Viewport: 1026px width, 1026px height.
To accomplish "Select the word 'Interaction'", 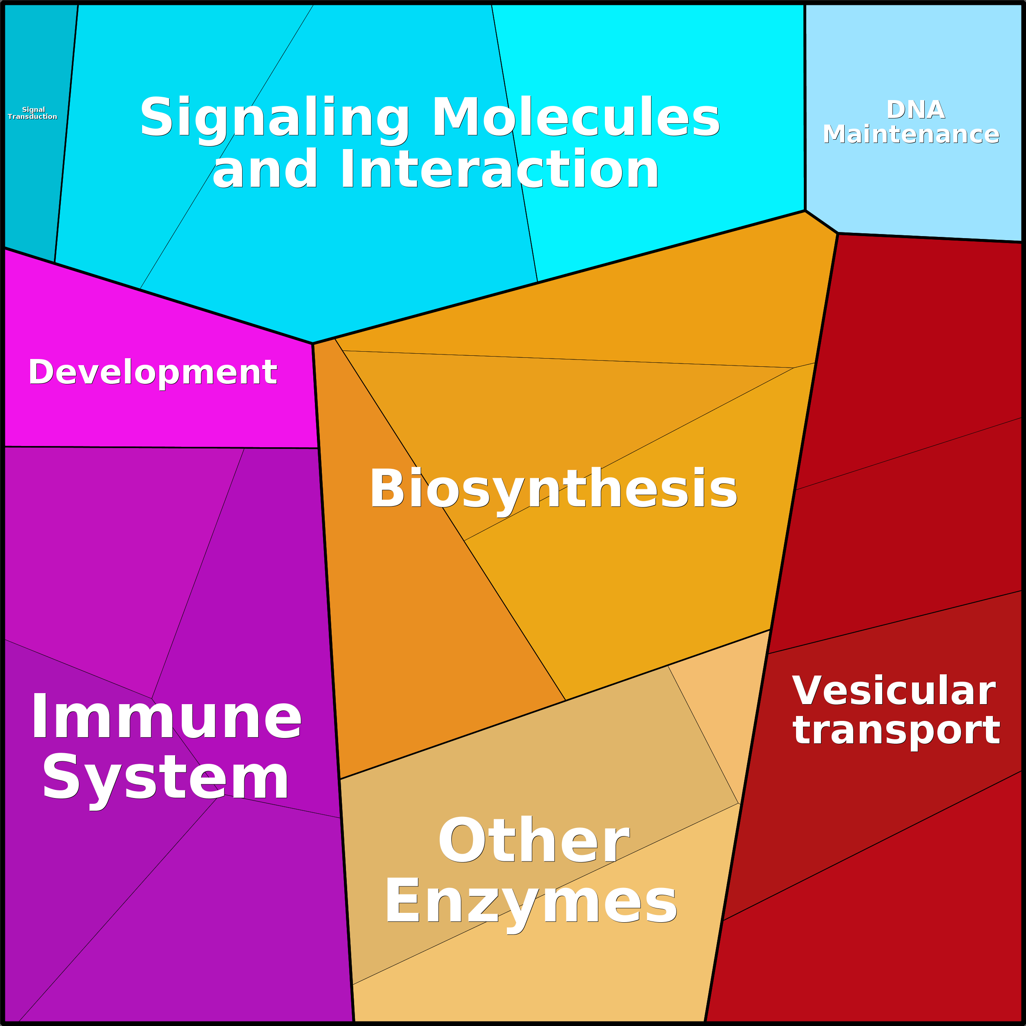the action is [499, 168].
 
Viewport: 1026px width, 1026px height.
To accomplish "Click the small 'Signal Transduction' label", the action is [32, 113].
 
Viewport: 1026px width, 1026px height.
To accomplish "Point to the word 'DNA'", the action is [916, 110].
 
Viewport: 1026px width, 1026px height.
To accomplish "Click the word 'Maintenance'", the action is [911, 134].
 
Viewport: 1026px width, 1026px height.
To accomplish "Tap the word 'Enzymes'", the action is [531, 903].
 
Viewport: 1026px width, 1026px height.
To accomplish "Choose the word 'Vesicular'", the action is [894, 691].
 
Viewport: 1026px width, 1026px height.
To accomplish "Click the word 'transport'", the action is [897, 731].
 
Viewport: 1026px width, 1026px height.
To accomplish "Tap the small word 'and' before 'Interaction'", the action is [265, 168].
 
